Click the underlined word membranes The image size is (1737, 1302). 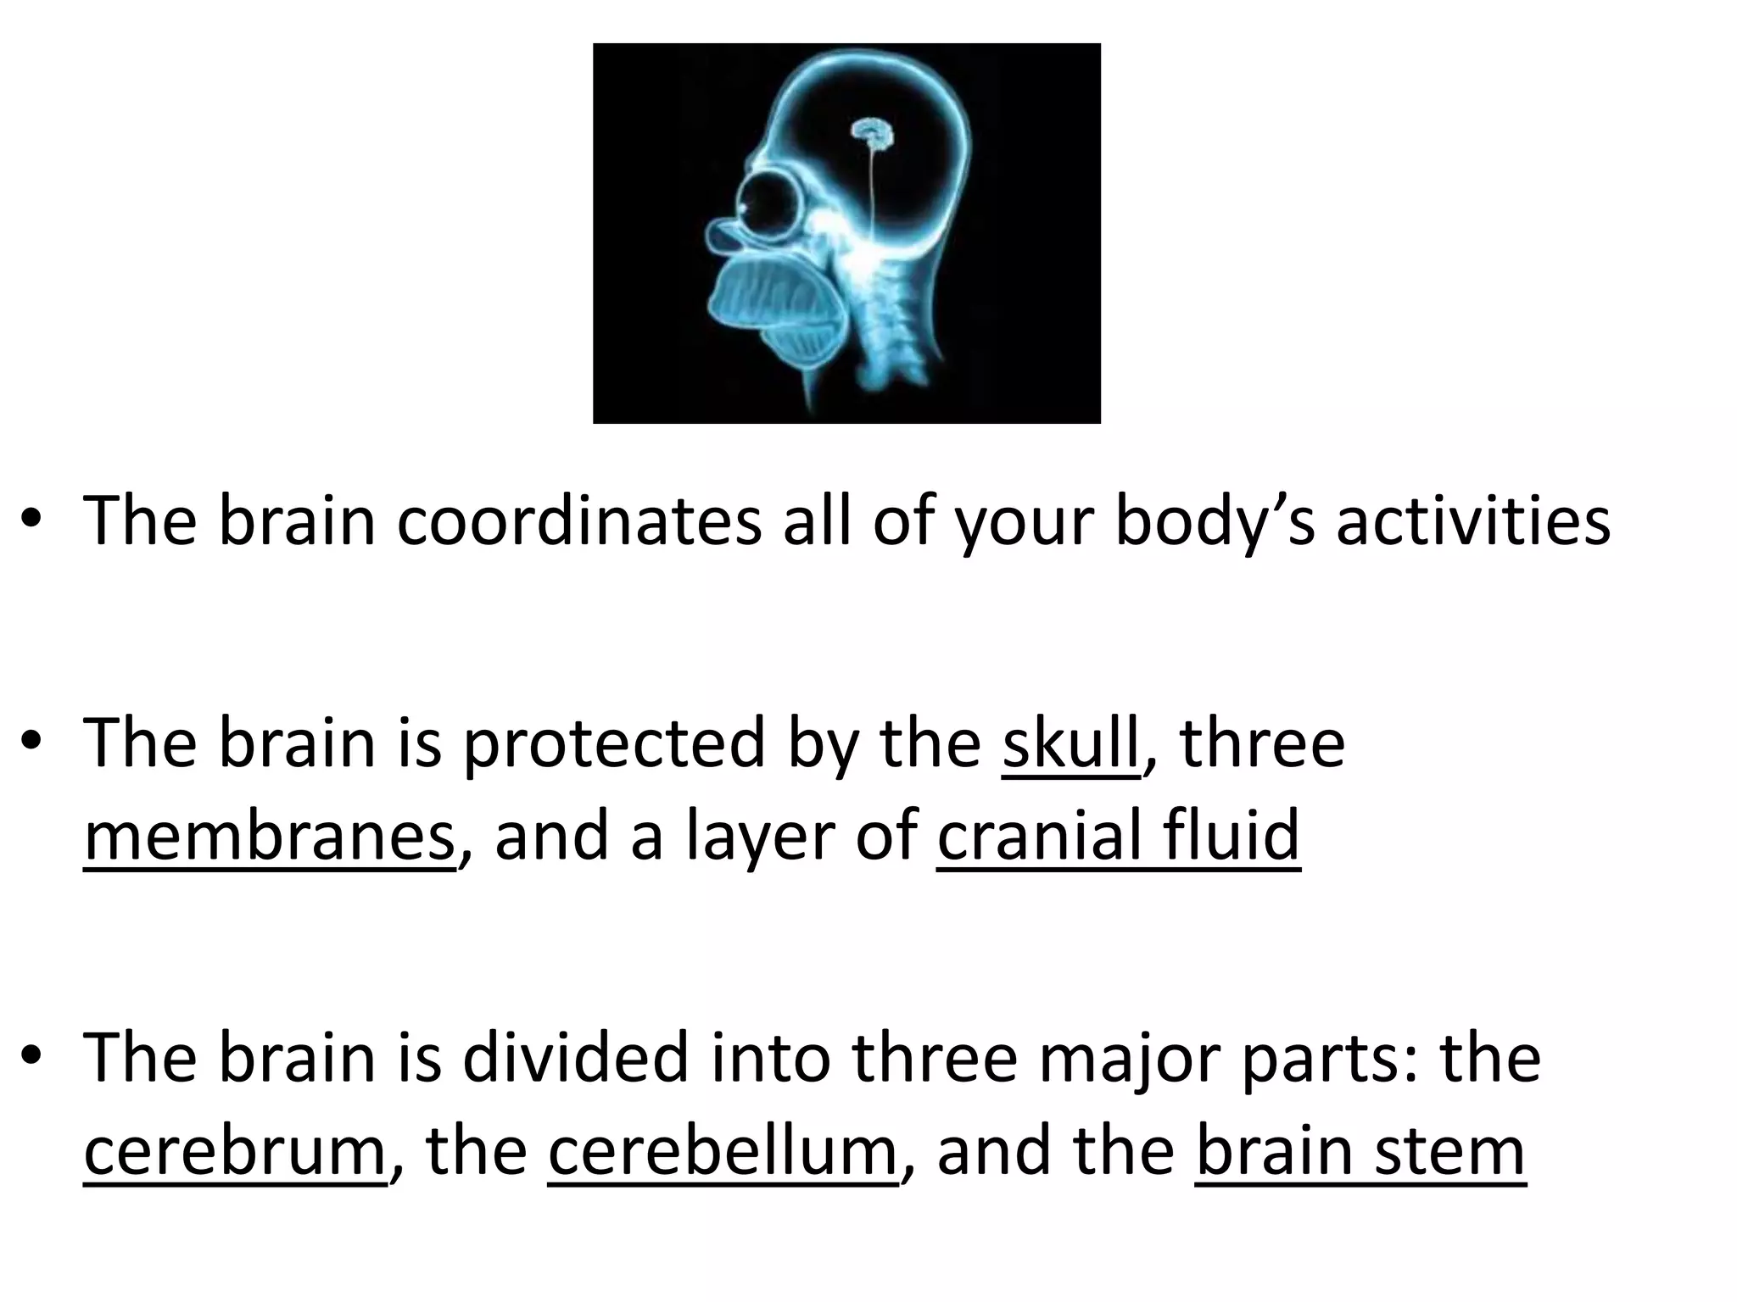click(x=270, y=837)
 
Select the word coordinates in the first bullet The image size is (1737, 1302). click(x=579, y=521)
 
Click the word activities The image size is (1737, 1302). click(x=1473, y=521)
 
